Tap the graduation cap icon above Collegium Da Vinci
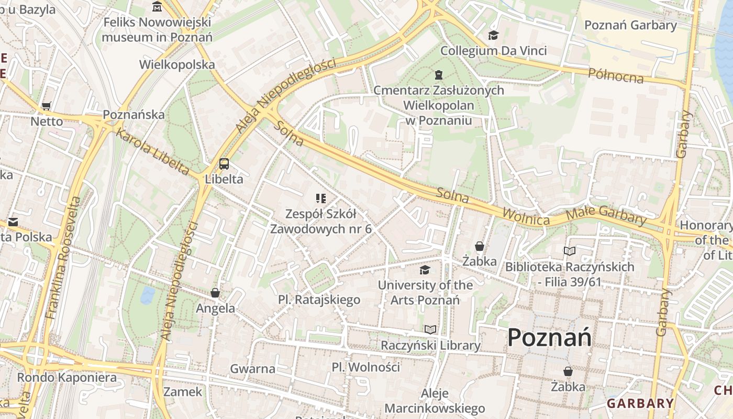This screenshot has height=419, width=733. click(493, 36)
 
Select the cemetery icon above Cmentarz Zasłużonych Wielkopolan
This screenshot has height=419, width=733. click(439, 75)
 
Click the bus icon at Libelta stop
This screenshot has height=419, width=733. click(224, 164)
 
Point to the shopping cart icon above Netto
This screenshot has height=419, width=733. click(47, 106)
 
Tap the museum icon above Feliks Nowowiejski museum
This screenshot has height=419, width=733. click(157, 7)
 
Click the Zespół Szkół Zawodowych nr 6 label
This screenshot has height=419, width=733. click(320, 221)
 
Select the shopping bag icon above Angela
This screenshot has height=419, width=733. click(215, 293)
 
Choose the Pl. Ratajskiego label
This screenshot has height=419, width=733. click(319, 300)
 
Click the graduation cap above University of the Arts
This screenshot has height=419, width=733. click(425, 270)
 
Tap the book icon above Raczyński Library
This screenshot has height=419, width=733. click(430, 330)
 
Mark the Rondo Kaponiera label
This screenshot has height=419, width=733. click(67, 377)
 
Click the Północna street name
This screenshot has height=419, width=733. click(616, 75)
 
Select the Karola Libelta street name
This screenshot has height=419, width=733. click(152, 152)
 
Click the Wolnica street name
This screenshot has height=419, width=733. click(526, 217)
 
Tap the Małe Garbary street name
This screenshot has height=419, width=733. click(606, 215)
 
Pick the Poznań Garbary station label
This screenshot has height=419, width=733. click(630, 25)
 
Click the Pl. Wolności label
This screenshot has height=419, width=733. click(366, 367)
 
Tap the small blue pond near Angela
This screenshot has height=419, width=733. click(147, 295)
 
